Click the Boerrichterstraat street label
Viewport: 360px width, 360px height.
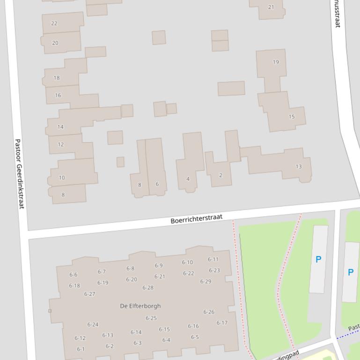point(196,218)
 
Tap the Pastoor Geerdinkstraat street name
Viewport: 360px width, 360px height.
point(19,173)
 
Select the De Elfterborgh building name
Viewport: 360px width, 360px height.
point(140,306)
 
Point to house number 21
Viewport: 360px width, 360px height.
point(271,7)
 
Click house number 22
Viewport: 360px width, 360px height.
point(54,23)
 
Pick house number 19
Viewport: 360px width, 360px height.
point(276,62)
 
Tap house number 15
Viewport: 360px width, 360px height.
point(292,117)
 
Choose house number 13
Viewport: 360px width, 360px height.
point(299,166)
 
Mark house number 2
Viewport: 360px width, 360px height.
point(220,175)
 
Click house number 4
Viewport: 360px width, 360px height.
point(188,179)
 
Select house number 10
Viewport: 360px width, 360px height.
point(62,178)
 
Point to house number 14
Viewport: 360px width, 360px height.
point(60,127)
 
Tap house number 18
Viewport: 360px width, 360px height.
point(57,78)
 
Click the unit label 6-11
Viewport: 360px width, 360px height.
point(213,259)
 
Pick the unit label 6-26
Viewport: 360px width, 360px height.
point(209,312)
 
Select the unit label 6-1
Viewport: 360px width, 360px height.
point(81,349)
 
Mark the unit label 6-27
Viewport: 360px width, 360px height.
point(89,294)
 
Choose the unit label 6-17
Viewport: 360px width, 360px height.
point(222,323)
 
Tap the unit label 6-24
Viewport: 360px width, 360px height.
point(93,324)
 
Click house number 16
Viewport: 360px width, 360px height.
point(58,95)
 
